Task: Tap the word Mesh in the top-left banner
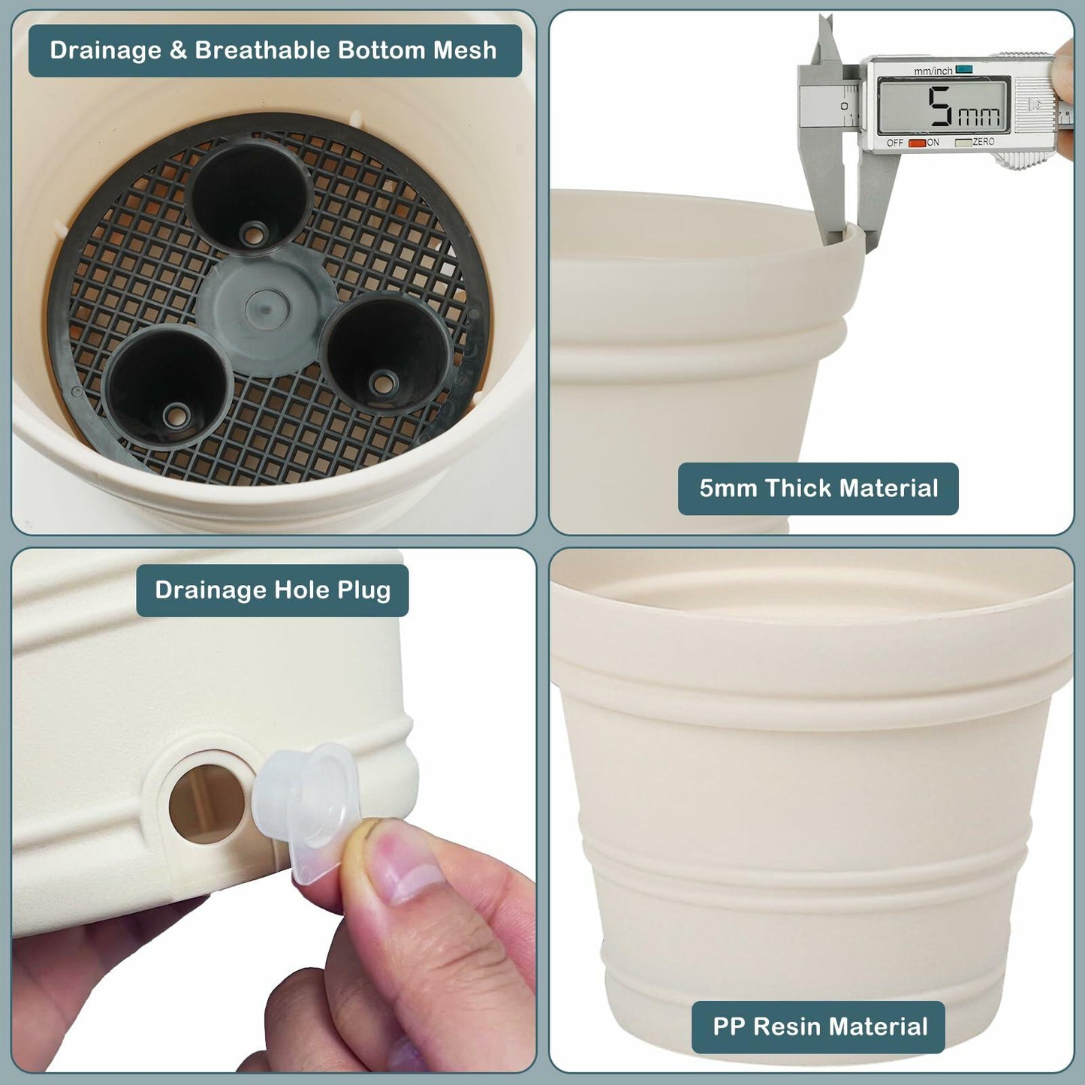(x=465, y=50)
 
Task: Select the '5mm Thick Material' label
(x=818, y=489)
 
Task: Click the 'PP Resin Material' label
(x=819, y=1026)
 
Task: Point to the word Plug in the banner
(x=363, y=590)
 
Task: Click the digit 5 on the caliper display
(x=939, y=107)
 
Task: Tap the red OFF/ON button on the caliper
(x=917, y=143)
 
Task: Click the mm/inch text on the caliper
(x=933, y=71)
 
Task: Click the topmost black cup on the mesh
(x=249, y=195)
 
